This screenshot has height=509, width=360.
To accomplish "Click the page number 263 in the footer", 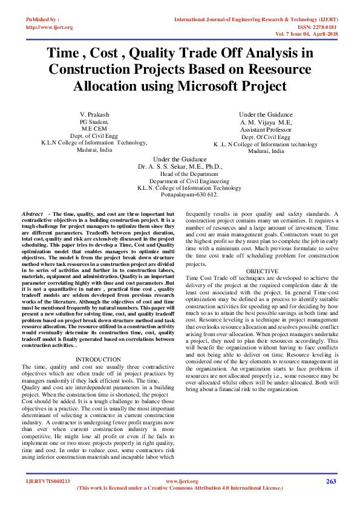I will coord(330,481).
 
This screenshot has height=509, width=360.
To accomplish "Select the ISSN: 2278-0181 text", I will coord(316,27).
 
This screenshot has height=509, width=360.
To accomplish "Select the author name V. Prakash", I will coord(94,114).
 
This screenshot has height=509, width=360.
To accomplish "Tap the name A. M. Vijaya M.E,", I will coord(266,122).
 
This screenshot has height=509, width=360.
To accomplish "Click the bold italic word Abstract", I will coord(32,215).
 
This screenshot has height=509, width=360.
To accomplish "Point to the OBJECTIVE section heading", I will coord(263,271).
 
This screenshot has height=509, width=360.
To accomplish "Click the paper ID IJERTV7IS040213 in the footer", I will coord(48,481).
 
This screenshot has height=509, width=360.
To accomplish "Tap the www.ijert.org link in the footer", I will coord(180,481).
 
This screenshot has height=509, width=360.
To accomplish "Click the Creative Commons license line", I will coord(180,488).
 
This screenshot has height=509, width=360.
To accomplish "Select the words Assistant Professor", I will coord(266,129).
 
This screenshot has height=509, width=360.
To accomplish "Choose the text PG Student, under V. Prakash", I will coord(94,122).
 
